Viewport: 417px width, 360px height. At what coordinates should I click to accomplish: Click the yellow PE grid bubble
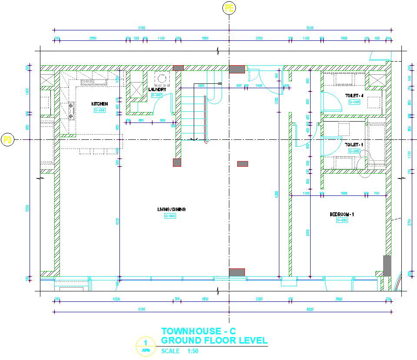[x=229, y=7]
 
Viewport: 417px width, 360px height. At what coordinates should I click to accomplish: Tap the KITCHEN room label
[x=99, y=104]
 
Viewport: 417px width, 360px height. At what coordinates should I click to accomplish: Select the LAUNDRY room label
[x=157, y=89]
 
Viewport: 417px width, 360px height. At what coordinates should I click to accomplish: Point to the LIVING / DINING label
[x=171, y=209]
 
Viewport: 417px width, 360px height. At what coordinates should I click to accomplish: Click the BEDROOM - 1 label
[x=342, y=215]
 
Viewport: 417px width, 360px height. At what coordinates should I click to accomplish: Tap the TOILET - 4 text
[x=354, y=96]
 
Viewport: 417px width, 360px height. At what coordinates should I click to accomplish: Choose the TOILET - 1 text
[x=354, y=145]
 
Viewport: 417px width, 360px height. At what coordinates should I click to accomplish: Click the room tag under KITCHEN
[x=99, y=110]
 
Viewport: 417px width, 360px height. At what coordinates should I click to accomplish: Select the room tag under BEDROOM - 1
[x=342, y=221]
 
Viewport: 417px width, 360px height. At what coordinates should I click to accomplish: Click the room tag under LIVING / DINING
[x=170, y=216]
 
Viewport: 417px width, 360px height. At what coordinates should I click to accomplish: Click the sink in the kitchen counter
[x=87, y=82]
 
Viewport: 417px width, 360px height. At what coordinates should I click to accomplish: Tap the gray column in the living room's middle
[x=242, y=164]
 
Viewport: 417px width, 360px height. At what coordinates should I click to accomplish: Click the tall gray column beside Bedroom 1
[x=387, y=266]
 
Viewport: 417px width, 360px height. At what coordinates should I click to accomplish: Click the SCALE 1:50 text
[x=177, y=351]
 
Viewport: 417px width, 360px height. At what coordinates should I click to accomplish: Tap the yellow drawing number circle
[x=145, y=347]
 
